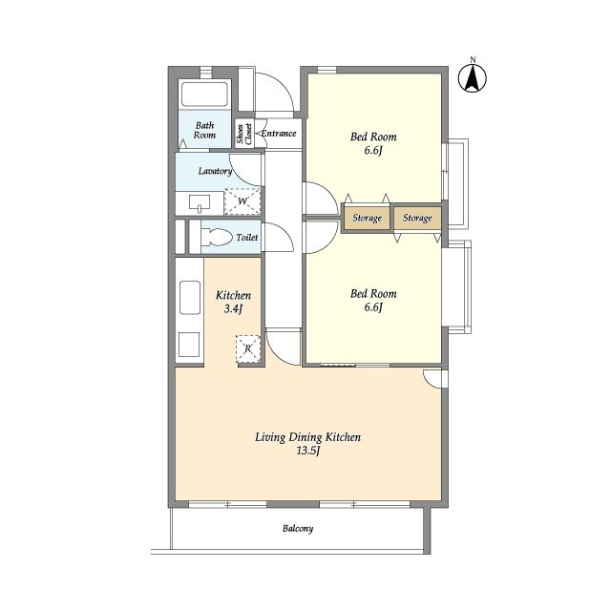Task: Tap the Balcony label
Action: (x=298, y=529)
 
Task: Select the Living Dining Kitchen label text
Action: (x=307, y=437)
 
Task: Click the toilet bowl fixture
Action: (x=217, y=237)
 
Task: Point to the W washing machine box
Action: (x=242, y=201)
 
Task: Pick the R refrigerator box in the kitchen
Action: (x=248, y=348)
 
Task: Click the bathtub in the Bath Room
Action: (x=204, y=94)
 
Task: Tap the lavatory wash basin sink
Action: (x=200, y=203)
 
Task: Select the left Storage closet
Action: (x=367, y=218)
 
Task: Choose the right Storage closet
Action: (x=417, y=218)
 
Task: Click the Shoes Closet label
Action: (x=244, y=134)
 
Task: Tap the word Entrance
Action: (x=279, y=134)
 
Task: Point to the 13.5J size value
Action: (x=308, y=452)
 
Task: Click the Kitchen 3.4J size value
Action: (x=233, y=309)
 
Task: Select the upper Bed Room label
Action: (x=373, y=137)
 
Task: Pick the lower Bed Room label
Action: (x=373, y=294)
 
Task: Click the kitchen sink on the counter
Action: (x=190, y=298)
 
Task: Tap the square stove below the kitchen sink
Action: (x=189, y=345)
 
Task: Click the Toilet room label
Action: (x=247, y=238)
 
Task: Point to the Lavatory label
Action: (x=215, y=171)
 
